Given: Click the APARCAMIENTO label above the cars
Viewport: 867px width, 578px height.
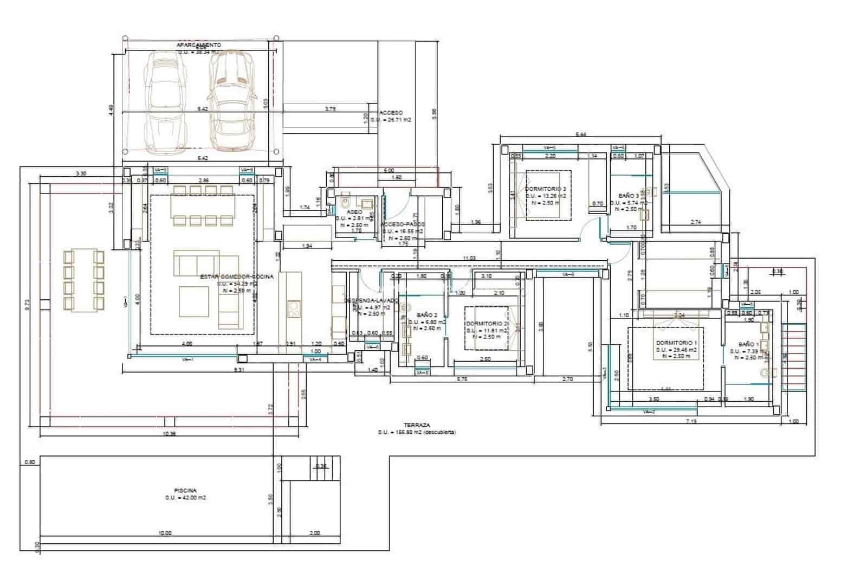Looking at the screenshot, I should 198,45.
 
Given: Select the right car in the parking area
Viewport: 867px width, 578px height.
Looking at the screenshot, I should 232,101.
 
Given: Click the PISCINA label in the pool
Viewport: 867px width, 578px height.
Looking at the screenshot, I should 186,490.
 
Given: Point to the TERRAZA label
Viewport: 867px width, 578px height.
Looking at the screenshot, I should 417,425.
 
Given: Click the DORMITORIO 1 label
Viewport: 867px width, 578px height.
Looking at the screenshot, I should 676,343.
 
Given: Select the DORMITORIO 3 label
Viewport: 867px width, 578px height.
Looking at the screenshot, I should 546,189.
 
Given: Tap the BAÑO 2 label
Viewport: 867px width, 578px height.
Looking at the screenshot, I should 427,314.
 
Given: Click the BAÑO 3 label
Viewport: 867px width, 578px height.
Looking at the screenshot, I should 629,196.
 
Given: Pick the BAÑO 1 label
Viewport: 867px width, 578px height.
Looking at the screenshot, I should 748,344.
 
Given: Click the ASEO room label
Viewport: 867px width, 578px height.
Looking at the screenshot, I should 354,212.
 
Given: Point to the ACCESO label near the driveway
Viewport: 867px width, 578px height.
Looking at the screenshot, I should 391,113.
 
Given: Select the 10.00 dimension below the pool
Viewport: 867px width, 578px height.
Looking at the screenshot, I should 165,533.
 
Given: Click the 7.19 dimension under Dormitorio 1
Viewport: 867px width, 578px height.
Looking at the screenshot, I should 691,421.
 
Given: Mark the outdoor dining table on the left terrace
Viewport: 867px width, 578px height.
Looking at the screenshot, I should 83,280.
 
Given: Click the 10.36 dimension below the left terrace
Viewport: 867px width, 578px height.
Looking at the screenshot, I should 170,434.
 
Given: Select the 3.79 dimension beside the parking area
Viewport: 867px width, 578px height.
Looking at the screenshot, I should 330,109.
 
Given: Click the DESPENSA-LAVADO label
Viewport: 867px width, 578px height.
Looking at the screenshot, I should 372,300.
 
